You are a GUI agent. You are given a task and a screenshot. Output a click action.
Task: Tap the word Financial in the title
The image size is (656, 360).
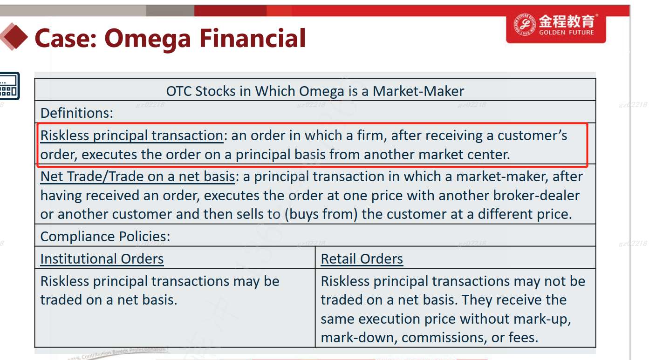coord(253,38)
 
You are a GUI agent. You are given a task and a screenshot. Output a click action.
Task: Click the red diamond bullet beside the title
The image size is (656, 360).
coord(14,37)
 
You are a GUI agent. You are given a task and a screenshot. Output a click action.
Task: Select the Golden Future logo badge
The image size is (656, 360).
coord(556,28)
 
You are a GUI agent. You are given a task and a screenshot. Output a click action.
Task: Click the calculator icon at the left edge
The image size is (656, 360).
coord(9,86)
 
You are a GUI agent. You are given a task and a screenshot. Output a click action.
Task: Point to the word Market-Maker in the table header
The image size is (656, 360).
coord(418,91)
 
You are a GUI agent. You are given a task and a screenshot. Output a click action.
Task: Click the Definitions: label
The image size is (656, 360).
coord(77,113)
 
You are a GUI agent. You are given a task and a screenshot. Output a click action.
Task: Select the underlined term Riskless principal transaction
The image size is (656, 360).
coord(132,136)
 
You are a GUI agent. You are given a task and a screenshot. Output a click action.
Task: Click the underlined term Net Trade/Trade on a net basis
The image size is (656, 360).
coord(137,177)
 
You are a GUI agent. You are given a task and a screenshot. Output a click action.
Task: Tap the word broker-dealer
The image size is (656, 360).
coord(536,196)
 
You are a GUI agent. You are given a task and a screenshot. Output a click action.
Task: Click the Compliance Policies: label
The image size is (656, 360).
coord(105,237)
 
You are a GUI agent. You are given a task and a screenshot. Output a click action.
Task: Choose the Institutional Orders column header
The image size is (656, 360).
coord(102,259)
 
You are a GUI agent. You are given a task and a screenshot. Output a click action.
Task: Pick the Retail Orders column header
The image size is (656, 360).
coord(362,259)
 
